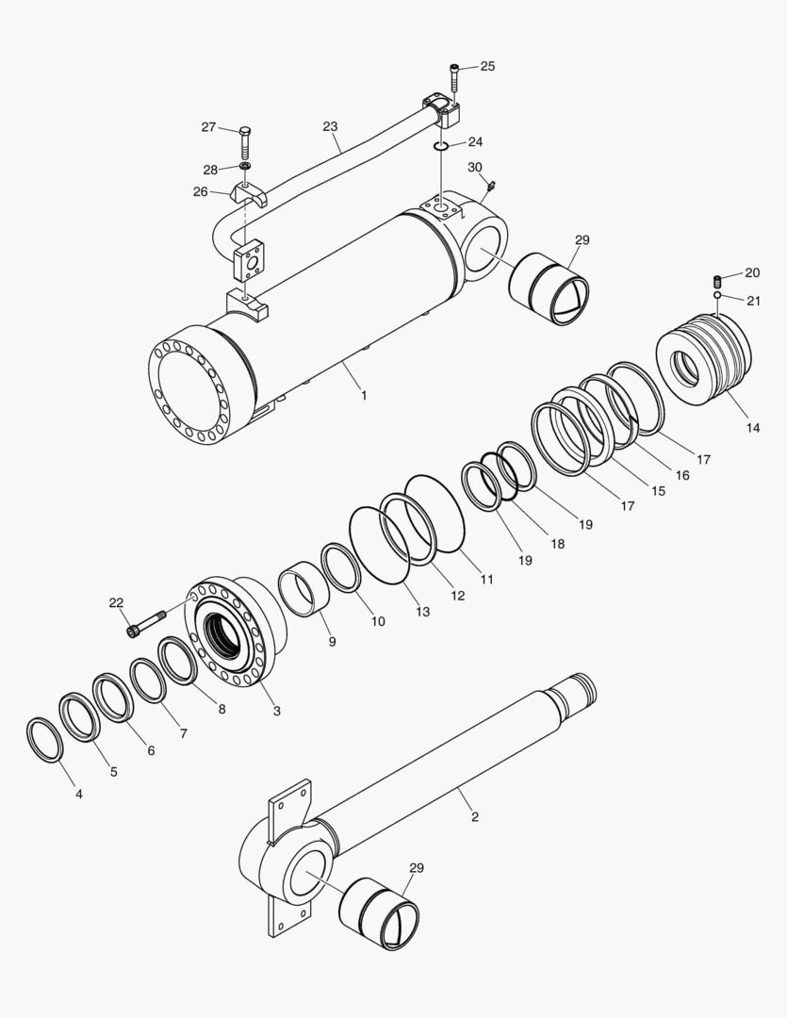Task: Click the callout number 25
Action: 486,66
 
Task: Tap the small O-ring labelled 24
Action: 441,146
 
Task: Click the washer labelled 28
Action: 244,168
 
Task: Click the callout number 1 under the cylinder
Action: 364,395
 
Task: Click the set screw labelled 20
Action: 718,280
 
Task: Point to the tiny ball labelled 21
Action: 717,296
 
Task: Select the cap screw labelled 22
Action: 144,622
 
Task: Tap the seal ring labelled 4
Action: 43,739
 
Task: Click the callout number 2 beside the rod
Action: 474,816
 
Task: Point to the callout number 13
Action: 421,612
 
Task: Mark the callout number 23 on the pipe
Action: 330,125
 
